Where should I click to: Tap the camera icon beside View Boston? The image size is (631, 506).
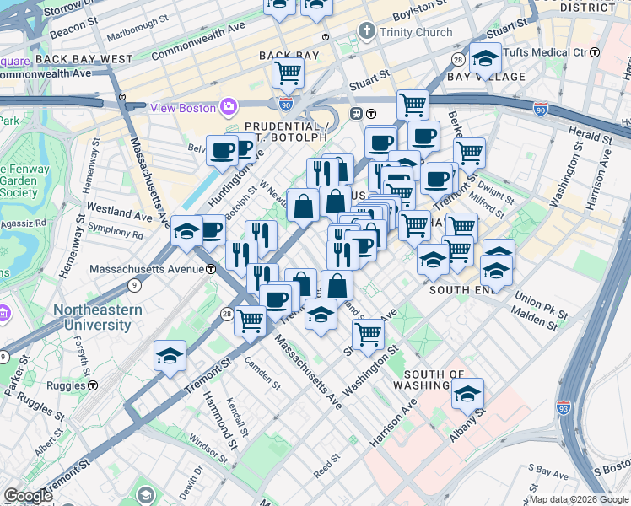228,107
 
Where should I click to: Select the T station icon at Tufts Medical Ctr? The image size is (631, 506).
594,52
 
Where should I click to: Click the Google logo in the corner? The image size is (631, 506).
29,496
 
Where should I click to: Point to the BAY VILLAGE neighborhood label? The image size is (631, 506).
487,77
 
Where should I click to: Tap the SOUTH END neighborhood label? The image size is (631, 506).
461,289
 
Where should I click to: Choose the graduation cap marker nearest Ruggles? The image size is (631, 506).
170,357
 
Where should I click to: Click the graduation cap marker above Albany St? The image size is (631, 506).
467,393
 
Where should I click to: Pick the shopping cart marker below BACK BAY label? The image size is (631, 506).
288,73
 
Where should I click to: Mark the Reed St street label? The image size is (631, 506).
326,465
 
